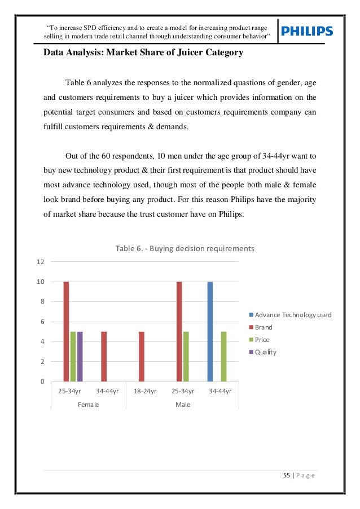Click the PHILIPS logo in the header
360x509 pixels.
point(307,32)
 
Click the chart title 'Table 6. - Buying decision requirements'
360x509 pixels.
point(185,248)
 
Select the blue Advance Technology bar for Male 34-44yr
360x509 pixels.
point(210,331)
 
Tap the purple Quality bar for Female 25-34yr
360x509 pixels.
point(80,356)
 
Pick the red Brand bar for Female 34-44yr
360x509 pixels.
point(104,356)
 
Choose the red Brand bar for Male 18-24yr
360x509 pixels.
point(142,356)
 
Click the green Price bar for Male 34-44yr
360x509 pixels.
point(224,356)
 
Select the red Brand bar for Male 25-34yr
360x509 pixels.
point(179,331)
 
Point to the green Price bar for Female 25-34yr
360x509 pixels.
point(73,356)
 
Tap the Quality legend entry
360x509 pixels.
point(266,352)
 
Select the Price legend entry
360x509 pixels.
point(262,340)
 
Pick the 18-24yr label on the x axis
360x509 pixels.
point(145,391)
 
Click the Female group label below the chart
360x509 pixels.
point(88,405)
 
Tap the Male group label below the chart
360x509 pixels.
point(183,405)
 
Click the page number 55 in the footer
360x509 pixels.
point(287,476)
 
